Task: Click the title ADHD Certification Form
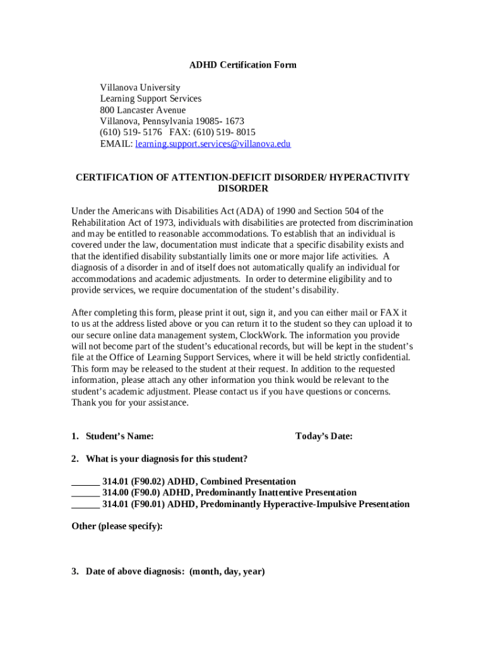[243, 65]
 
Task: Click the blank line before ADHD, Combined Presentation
[85, 481]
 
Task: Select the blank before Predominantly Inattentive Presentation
[85, 493]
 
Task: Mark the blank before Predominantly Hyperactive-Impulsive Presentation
[85, 504]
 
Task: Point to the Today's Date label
[324, 436]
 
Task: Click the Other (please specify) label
[117, 526]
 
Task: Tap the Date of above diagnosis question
[175, 572]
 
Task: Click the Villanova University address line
[140, 88]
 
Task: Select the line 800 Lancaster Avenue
[143, 110]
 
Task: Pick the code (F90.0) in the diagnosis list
[146, 493]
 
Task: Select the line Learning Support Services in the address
[151, 99]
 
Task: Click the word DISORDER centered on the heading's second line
[243, 189]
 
